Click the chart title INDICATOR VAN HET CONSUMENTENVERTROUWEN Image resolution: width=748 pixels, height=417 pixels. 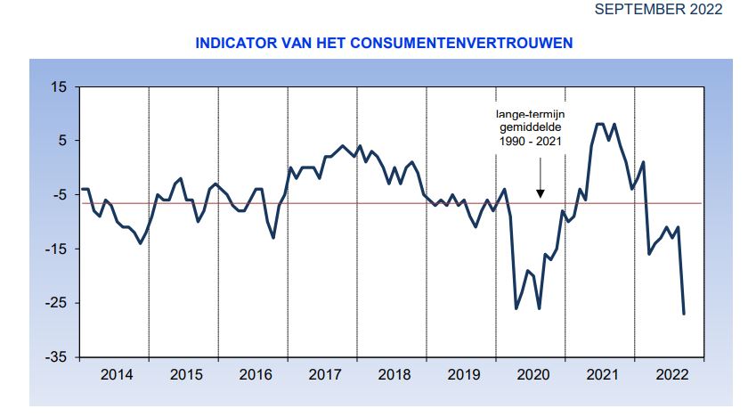tap(384, 42)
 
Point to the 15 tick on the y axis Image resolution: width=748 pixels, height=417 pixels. tap(60, 87)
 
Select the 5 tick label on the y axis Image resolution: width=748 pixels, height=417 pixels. tap(63, 141)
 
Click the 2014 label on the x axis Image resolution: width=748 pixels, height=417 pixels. tap(117, 375)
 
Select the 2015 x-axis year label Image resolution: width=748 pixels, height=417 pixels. tap(186, 375)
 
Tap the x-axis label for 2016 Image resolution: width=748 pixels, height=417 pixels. tap(256, 375)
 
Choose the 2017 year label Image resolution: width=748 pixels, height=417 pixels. tap(325, 375)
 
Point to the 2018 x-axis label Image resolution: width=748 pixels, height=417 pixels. tap(394, 375)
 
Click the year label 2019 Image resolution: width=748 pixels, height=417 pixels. tap(464, 375)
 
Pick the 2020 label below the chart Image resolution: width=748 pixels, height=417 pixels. tap(533, 375)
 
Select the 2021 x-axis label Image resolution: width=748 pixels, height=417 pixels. tap(603, 375)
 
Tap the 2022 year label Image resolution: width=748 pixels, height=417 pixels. tap(671, 375)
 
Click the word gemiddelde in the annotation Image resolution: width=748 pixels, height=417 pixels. tap(531, 127)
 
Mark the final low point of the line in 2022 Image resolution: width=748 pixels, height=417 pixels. tap(684, 314)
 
